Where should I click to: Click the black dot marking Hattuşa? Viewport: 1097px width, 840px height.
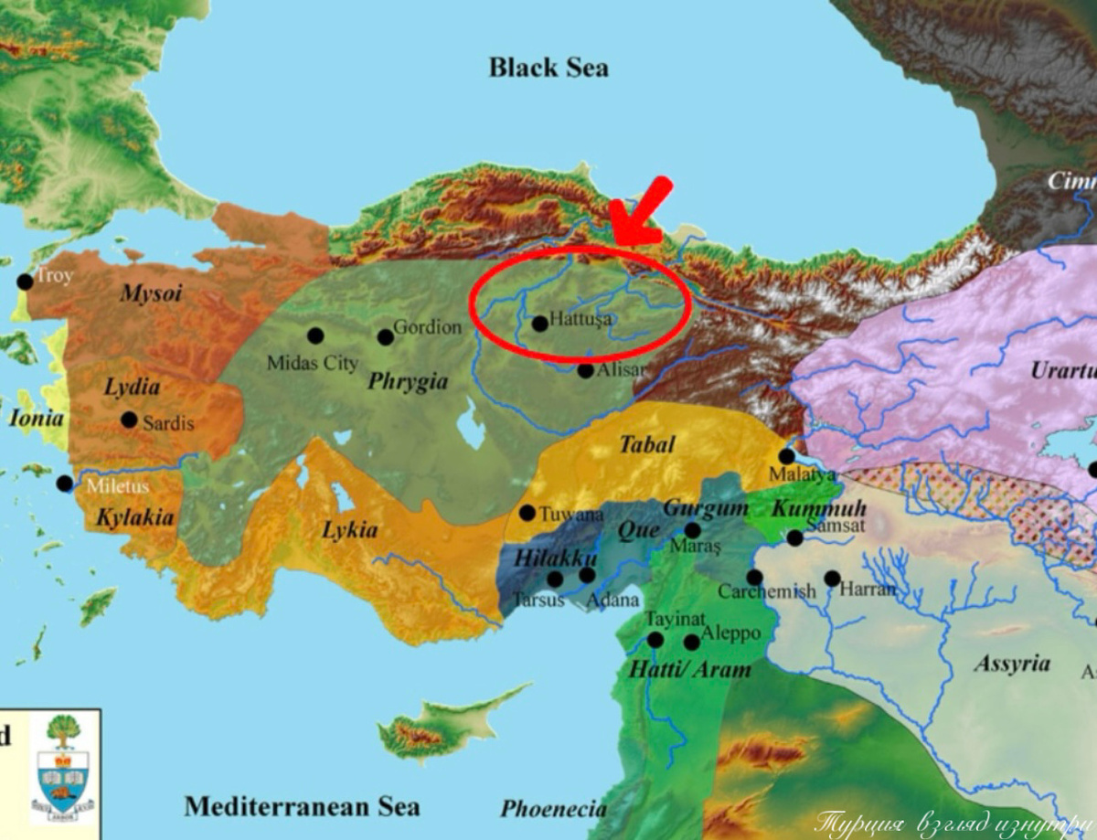539,323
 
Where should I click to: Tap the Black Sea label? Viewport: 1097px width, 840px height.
548,68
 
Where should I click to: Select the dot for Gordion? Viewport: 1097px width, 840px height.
386,337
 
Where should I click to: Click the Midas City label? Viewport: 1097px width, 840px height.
313,364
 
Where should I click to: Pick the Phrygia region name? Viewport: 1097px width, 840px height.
408,381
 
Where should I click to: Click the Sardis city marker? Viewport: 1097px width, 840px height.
129,420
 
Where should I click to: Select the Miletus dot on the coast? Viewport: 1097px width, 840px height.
64,483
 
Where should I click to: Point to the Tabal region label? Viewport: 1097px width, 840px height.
647,445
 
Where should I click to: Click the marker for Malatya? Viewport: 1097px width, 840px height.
786,456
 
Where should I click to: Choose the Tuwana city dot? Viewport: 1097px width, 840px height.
527,513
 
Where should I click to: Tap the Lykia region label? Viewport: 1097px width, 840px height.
349,529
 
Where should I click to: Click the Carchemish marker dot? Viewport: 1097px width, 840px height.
754,577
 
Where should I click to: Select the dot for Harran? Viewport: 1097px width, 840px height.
832,578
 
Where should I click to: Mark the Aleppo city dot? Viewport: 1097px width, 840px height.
692,643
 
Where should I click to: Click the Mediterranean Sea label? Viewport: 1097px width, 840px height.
302,806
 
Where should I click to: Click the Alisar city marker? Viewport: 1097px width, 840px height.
585,370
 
